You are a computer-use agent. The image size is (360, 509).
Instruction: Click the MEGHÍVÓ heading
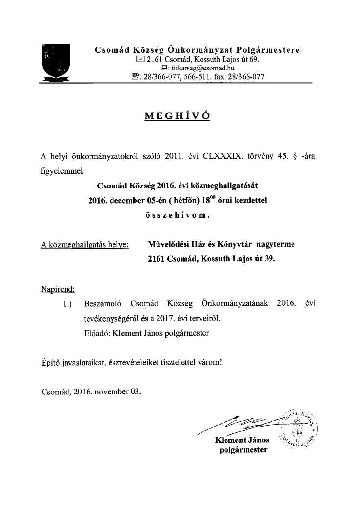click(177, 116)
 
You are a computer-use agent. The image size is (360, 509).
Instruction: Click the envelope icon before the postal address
click(141, 60)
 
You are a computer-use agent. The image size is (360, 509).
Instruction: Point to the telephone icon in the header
click(135, 77)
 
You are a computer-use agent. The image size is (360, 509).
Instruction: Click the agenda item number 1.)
click(67, 304)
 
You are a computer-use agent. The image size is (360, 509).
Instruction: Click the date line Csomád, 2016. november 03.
click(90, 392)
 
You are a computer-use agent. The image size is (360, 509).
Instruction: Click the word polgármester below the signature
click(243, 449)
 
